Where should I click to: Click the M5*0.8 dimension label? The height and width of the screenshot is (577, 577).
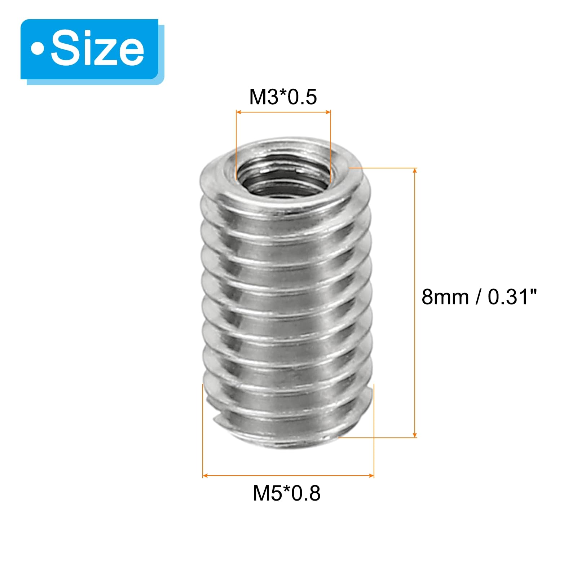(x=287, y=493)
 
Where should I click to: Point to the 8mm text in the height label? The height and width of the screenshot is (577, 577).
(x=445, y=297)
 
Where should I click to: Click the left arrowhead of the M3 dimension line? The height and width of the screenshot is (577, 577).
(x=239, y=112)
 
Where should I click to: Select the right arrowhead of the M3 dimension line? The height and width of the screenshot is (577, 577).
(x=327, y=112)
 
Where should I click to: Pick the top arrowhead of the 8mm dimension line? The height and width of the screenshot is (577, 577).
(x=415, y=171)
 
